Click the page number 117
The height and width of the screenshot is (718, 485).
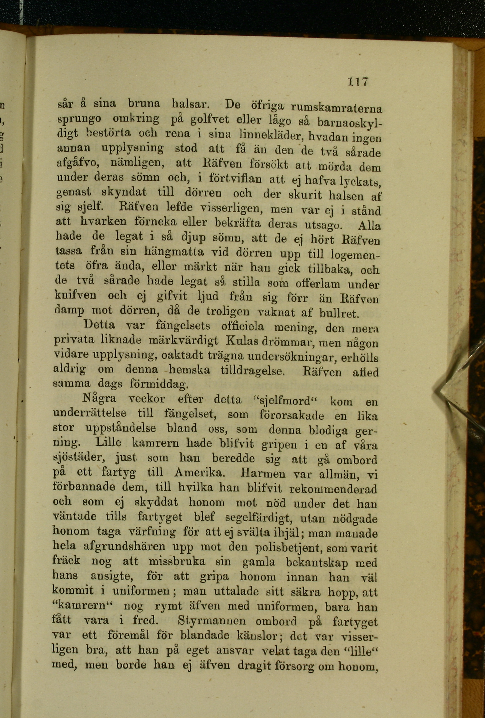click(x=358, y=81)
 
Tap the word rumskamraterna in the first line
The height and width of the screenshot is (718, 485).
click(x=336, y=108)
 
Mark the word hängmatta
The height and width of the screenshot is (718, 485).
click(x=174, y=252)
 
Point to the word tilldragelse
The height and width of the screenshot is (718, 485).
click(x=253, y=370)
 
